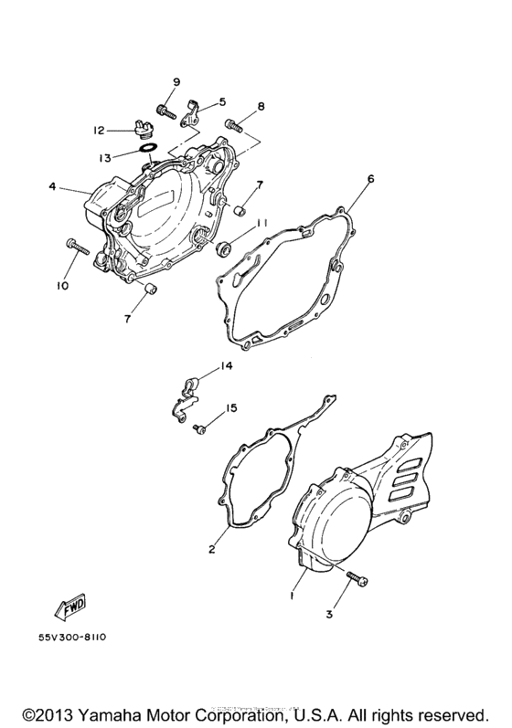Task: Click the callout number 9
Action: coord(176,83)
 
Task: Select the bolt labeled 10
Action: coord(74,245)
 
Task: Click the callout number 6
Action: coord(371,180)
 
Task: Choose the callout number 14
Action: coord(226,366)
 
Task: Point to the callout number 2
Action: coord(211,549)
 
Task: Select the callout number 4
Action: coord(52,187)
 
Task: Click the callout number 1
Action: coord(294,593)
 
